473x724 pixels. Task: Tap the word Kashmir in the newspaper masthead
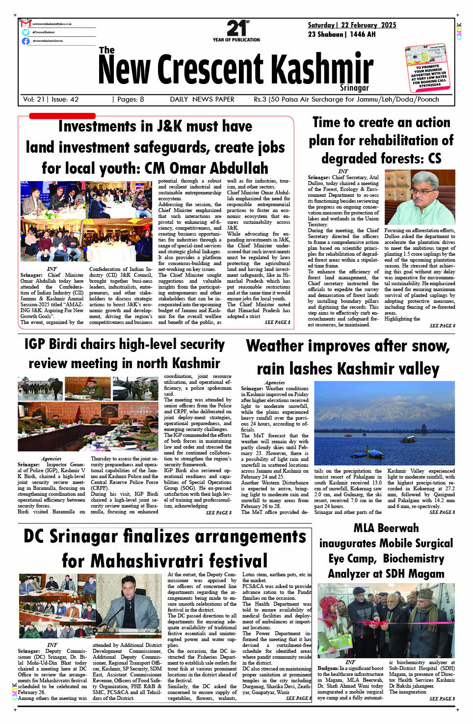coord(322,69)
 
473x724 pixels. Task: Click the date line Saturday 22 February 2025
coord(352,25)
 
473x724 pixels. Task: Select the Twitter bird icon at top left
coord(26,32)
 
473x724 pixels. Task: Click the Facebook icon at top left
coord(26,41)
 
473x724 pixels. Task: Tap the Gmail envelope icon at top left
coord(26,24)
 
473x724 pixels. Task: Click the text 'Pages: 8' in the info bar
coord(129,99)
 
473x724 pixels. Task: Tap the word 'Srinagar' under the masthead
coord(354,88)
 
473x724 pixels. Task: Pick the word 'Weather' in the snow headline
coord(278,346)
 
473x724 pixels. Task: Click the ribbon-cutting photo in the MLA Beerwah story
coord(386,620)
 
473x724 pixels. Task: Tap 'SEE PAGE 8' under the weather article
coord(442,512)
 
